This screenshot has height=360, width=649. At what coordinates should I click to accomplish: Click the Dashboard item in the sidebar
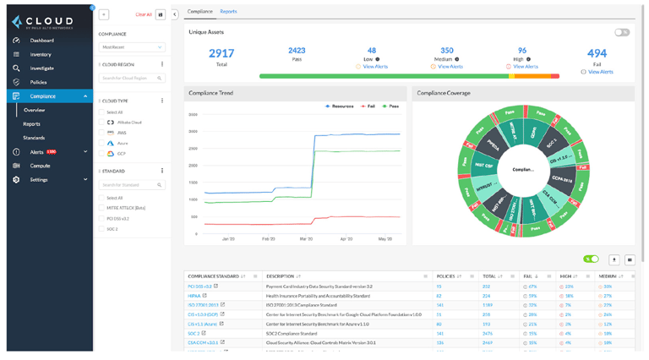pyautogui.click(x=41, y=41)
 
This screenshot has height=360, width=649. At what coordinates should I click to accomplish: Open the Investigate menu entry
pyautogui.click(x=41, y=68)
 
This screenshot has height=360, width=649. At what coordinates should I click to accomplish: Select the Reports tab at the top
pyautogui.click(x=228, y=12)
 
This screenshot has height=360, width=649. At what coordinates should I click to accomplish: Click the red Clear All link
pyautogui.click(x=144, y=14)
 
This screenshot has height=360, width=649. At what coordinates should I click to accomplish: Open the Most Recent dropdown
pyautogui.click(x=131, y=47)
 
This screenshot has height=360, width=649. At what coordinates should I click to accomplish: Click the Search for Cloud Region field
pyautogui.click(x=131, y=79)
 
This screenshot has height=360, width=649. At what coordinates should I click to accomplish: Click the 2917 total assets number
pyautogui.click(x=221, y=54)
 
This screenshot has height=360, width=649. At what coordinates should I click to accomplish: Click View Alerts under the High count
pyautogui.click(x=525, y=67)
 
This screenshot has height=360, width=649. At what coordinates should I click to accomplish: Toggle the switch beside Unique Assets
pyautogui.click(x=622, y=32)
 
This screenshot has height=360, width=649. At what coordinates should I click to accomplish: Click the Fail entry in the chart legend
pyautogui.click(x=368, y=106)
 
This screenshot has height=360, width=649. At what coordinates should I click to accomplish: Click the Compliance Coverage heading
pyautogui.click(x=444, y=93)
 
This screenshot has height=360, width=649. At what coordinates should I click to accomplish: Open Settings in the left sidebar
pyautogui.click(x=39, y=180)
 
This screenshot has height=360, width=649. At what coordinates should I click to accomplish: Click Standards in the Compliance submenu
pyautogui.click(x=34, y=138)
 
